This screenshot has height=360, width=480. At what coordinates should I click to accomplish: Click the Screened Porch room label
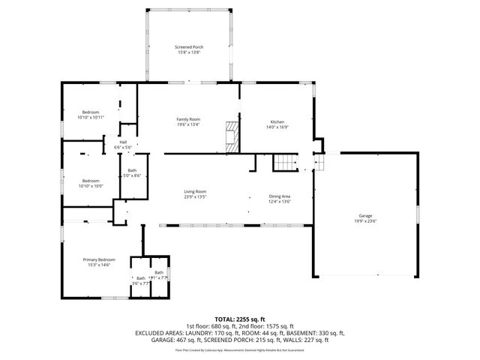tap(188, 46)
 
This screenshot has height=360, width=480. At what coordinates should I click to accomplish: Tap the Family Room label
tap(188, 119)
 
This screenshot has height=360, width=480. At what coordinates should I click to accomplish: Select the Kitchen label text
tap(277, 121)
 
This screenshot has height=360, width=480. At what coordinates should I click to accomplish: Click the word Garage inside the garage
tap(365, 216)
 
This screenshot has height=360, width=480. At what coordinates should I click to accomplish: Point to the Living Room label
tap(195, 191)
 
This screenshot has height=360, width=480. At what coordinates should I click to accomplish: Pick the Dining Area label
tap(280, 196)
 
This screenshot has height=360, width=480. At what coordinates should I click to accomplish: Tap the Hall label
tap(122, 142)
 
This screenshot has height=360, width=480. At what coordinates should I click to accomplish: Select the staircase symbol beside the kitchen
tap(283, 162)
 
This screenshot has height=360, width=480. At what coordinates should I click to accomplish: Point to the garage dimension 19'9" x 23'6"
tap(365, 221)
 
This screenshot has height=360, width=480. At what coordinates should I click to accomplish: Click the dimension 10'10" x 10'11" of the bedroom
tap(91, 118)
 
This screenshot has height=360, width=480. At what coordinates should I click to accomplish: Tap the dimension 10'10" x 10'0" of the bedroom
tap(91, 186)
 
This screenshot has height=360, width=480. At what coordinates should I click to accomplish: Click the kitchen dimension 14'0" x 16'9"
tap(277, 127)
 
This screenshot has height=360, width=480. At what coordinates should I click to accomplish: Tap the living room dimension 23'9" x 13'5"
tap(195, 196)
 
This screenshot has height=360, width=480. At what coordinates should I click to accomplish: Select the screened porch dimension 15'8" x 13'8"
tap(188, 52)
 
